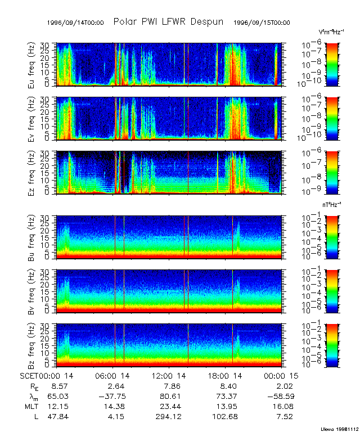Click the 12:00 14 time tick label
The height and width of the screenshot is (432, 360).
click(171, 375)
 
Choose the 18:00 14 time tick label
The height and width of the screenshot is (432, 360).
click(228, 375)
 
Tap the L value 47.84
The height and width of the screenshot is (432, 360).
click(60, 416)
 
